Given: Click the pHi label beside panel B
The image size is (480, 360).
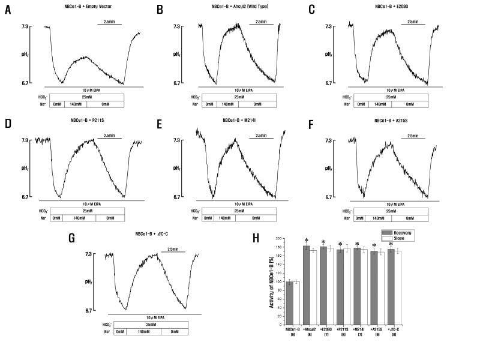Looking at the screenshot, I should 180,54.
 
